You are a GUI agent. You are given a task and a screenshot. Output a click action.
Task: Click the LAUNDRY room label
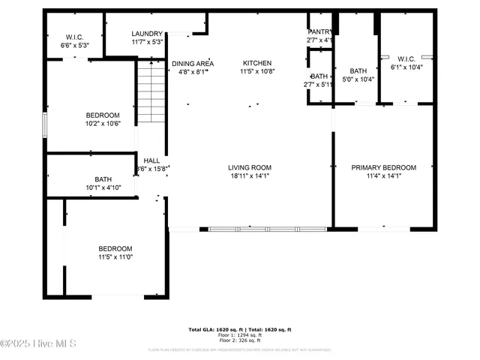(x=146, y=34)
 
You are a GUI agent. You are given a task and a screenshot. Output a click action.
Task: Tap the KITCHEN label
(x=256, y=63)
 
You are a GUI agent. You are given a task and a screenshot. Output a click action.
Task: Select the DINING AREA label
(x=193, y=64)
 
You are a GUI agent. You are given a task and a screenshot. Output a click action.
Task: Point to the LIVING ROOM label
(x=250, y=167)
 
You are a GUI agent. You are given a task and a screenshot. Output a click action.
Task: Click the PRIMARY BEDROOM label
(x=383, y=167)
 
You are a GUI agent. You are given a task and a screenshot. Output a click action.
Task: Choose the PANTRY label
(x=319, y=31)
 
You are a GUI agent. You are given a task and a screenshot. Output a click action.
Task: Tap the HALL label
(x=151, y=160)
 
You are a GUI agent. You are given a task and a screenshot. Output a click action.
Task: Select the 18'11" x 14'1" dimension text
(x=250, y=177)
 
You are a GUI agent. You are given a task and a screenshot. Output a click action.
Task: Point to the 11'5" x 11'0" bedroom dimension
(x=115, y=257)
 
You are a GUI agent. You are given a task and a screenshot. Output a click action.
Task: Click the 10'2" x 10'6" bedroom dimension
(x=102, y=124)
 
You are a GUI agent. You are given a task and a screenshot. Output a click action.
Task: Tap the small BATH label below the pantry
(x=319, y=76)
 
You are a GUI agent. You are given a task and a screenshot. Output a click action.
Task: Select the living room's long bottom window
(x=266, y=228)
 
